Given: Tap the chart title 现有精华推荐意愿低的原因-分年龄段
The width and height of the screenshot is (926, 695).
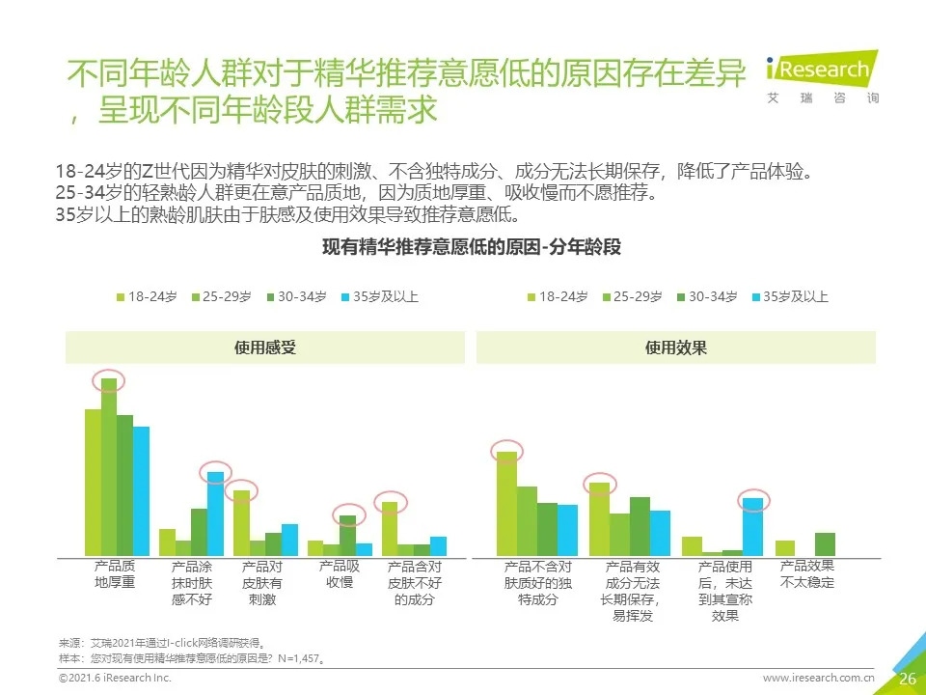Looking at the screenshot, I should [x=472, y=247].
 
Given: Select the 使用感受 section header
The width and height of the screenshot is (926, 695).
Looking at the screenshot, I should [x=265, y=347].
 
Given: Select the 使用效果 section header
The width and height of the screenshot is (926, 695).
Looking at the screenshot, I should [x=675, y=347].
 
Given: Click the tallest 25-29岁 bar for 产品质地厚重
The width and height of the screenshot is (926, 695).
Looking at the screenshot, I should [x=108, y=467].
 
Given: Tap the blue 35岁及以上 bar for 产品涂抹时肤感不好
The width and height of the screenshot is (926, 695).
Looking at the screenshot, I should [x=215, y=514].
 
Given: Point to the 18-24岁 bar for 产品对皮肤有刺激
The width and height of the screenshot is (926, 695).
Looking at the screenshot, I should [x=241, y=523].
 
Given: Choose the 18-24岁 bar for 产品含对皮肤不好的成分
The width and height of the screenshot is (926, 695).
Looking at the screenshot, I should [x=390, y=529].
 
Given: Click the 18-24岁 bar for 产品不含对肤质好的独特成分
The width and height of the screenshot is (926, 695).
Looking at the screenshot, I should [x=506, y=504].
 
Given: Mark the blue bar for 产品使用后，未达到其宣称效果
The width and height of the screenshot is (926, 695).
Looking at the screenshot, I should [x=752, y=527].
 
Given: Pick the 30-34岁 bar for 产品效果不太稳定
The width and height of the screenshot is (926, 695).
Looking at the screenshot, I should [x=824, y=544].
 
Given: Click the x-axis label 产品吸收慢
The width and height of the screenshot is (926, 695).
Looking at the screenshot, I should [x=339, y=574].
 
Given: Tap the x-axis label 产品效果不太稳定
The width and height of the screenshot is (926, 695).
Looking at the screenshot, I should [x=806, y=574].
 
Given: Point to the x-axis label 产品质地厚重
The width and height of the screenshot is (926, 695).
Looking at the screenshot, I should [x=115, y=574].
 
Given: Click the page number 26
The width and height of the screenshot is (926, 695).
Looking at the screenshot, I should [x=907, y=679].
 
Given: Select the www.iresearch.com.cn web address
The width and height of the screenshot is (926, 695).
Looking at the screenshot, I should [x=818, y=679].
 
